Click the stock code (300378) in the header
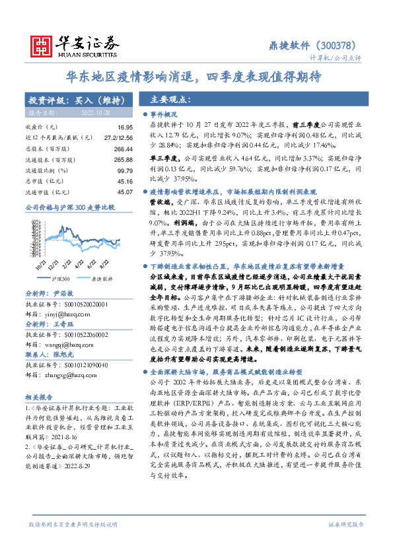pyautogui.click(x=341, y=46)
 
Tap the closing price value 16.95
pyautogui.click(x=125, y=126)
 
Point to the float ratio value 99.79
pyautogui.click(x=125, y=170)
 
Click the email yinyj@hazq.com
pyautogui.click(x=60, y=297)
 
